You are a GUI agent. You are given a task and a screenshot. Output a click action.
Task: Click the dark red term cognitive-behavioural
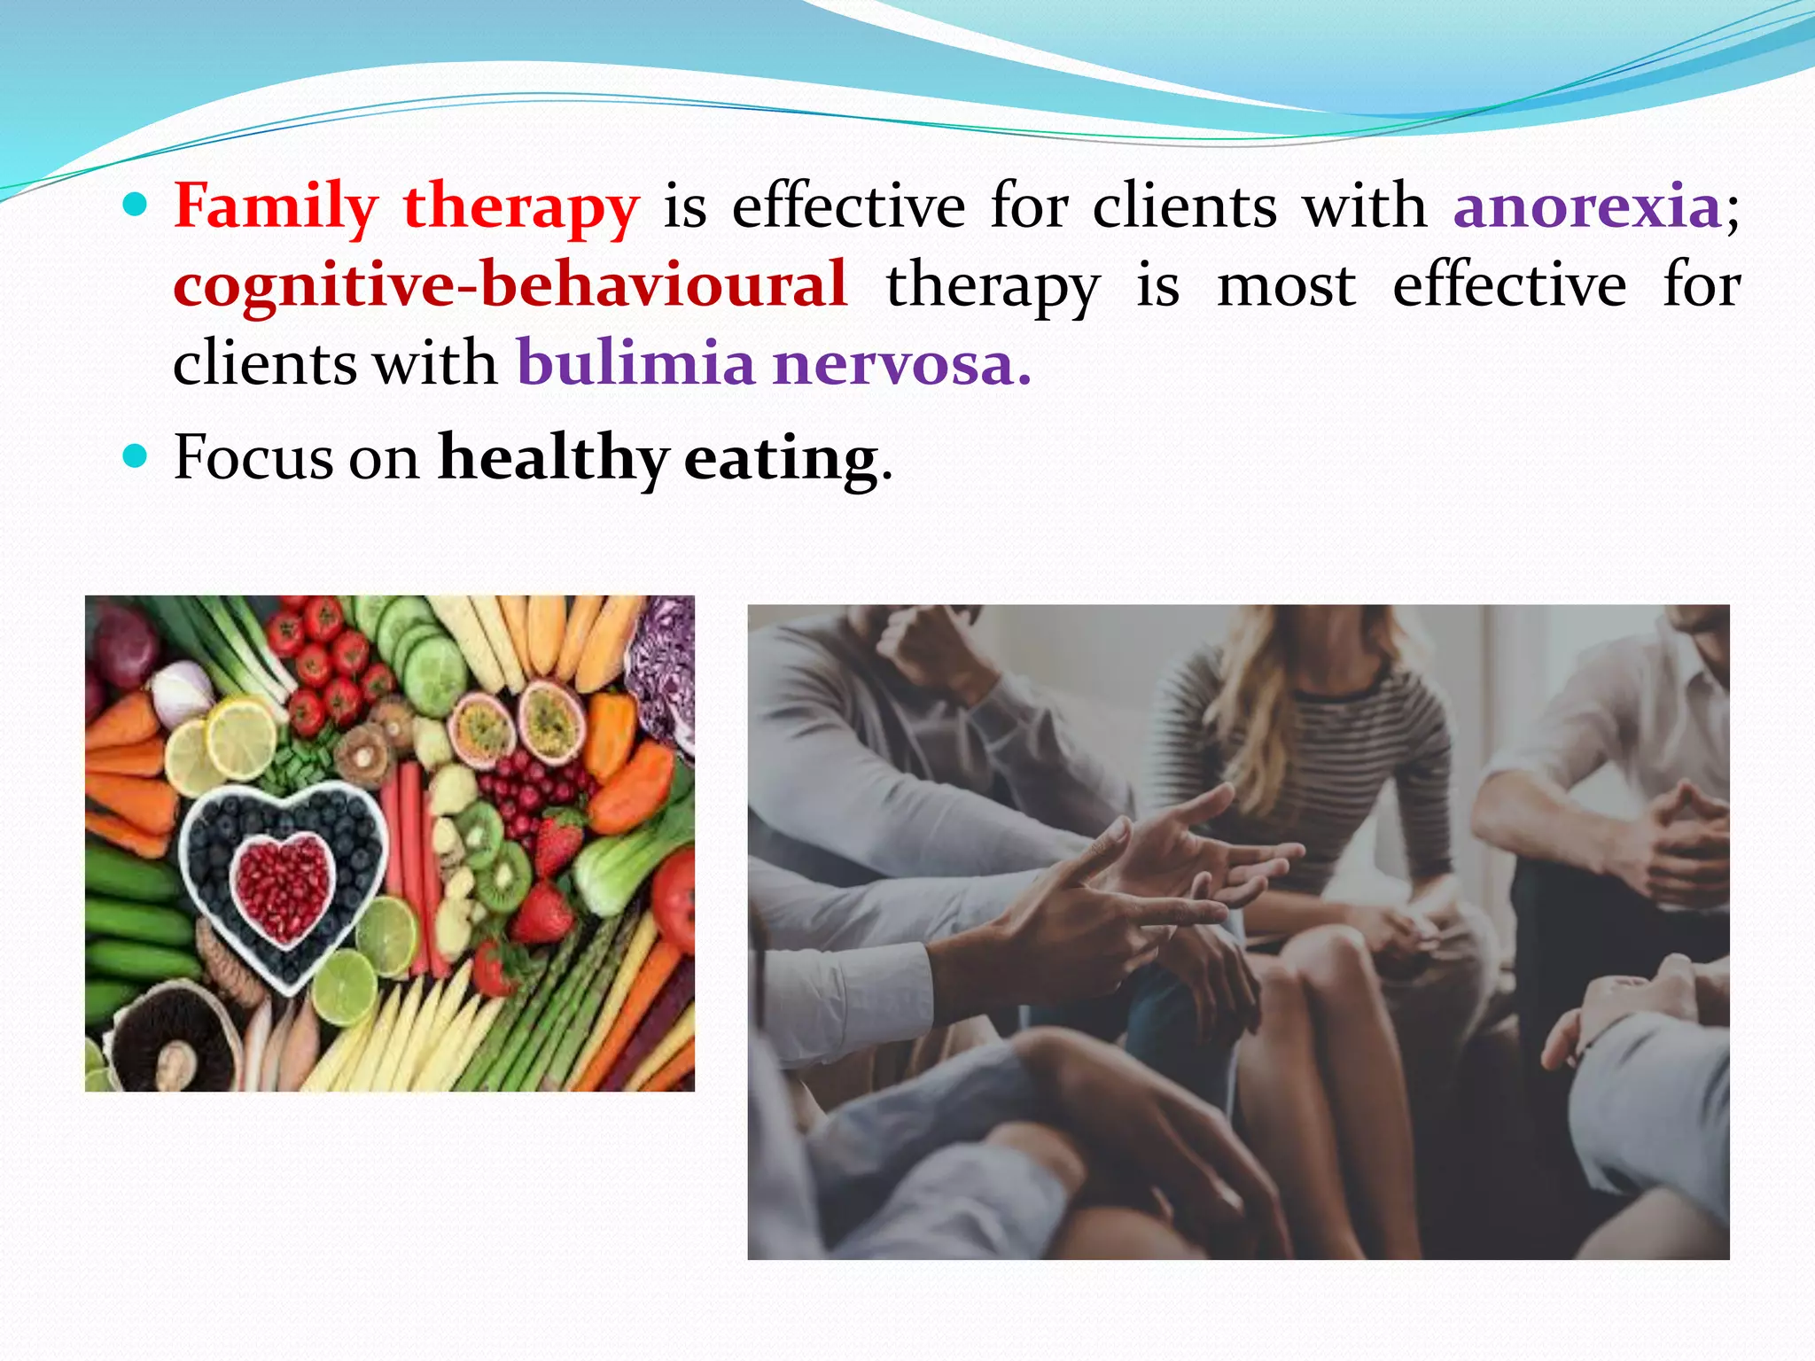click(x=510, y=286)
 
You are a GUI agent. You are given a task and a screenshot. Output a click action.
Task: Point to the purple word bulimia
click(x=635, y=364)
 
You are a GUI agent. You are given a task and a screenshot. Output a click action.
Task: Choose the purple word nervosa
click(x=901, y=364)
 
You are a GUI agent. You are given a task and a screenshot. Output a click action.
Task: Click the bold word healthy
click(x=553, y=459)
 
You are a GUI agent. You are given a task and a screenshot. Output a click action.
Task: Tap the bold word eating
click(x=781, y=459)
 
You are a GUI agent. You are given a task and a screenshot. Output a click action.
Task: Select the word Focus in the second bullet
click(x=253, y=459)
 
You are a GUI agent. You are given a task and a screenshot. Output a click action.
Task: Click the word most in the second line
click(x=1286, y=286)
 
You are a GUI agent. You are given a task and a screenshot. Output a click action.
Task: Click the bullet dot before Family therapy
click(x=135, y=206)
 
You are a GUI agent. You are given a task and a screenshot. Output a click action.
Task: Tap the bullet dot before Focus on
click(x=135, y=457)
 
